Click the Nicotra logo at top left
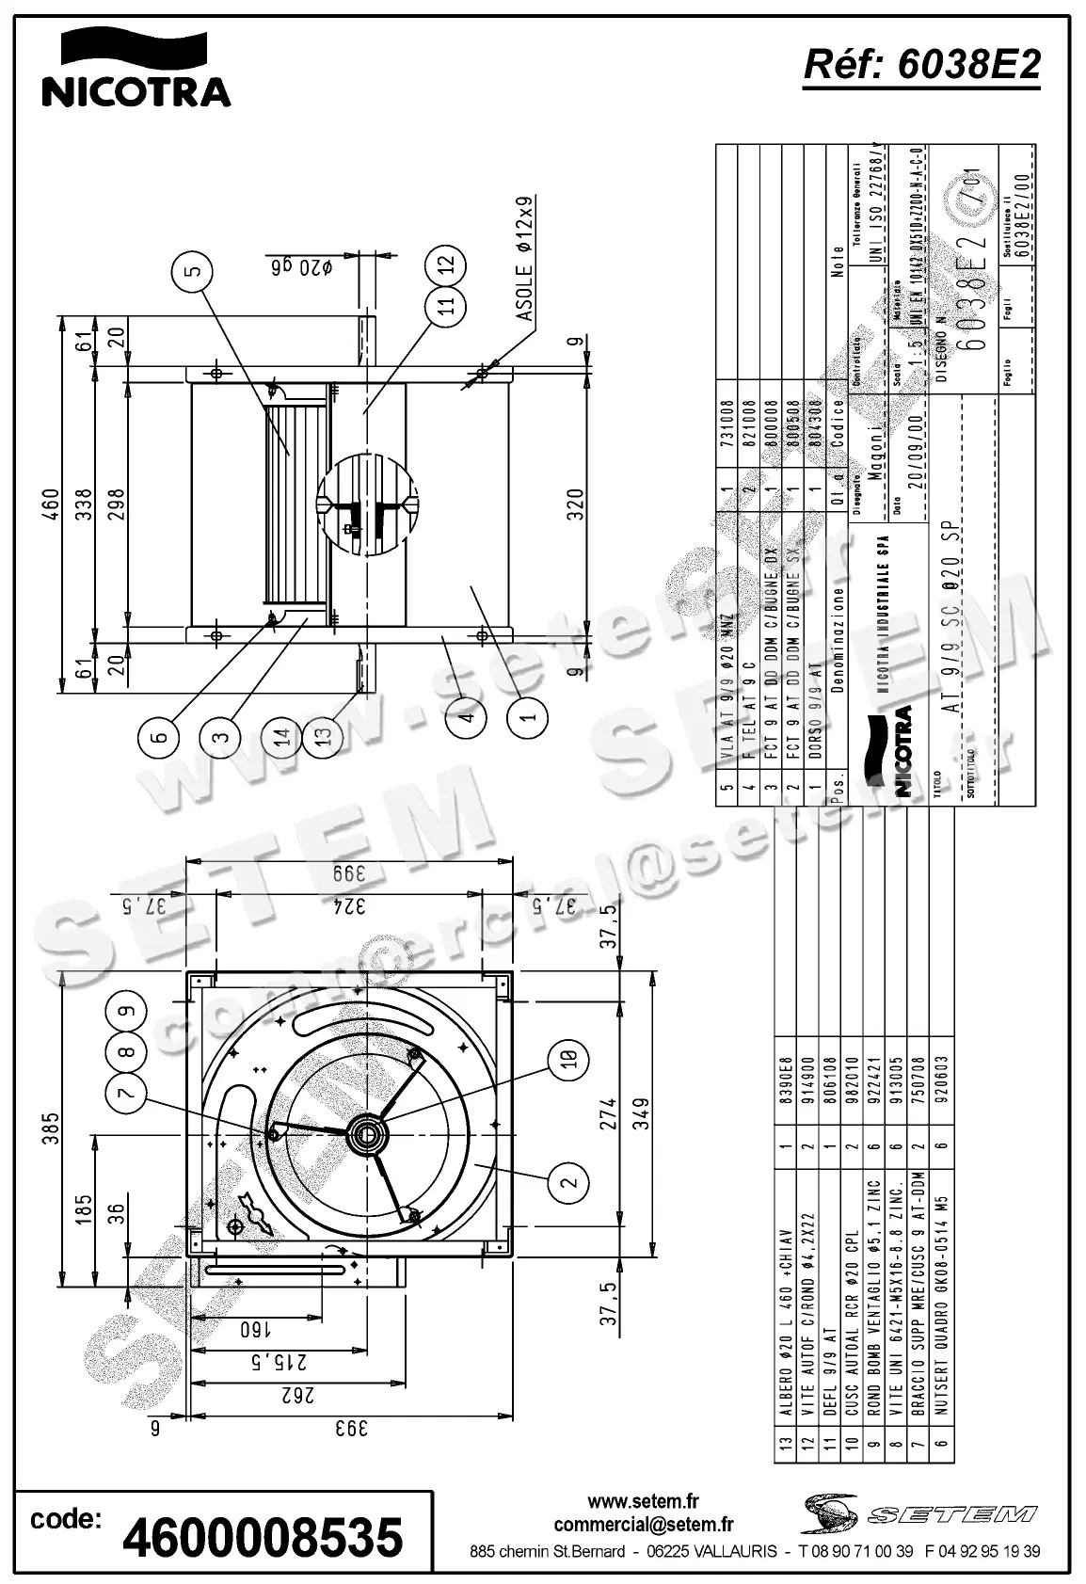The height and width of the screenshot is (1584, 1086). [136, 69]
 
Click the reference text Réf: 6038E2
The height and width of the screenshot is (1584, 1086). [922, 65]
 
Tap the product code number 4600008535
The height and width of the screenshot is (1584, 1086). [263, 1537]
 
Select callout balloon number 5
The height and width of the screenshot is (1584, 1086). [192, 272]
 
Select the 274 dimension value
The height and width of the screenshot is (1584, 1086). [608, 1112]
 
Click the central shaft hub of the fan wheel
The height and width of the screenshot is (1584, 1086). [365, 1135]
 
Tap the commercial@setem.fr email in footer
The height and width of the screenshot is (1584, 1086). [643, 1525]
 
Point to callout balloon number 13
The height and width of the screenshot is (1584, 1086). [324, 737]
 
